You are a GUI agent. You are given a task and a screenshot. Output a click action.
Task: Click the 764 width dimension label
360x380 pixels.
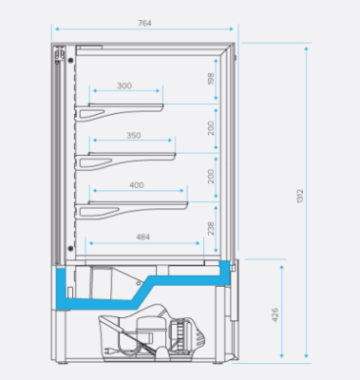(x=143, y=22)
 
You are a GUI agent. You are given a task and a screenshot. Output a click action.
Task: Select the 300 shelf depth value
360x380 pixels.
(x=124, y=86)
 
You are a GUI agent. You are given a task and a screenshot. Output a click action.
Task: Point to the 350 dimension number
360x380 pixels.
(x=133, y=136)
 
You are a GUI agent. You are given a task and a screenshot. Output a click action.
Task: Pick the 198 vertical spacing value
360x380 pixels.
(x=211, y=79)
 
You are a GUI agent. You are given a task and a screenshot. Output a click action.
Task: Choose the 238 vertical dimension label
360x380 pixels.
(x=211, y=229)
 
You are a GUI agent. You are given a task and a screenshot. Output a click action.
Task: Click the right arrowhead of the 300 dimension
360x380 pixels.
(x=161, y=92)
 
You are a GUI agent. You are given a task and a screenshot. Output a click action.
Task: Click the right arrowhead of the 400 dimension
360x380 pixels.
(x=185, y=192)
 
